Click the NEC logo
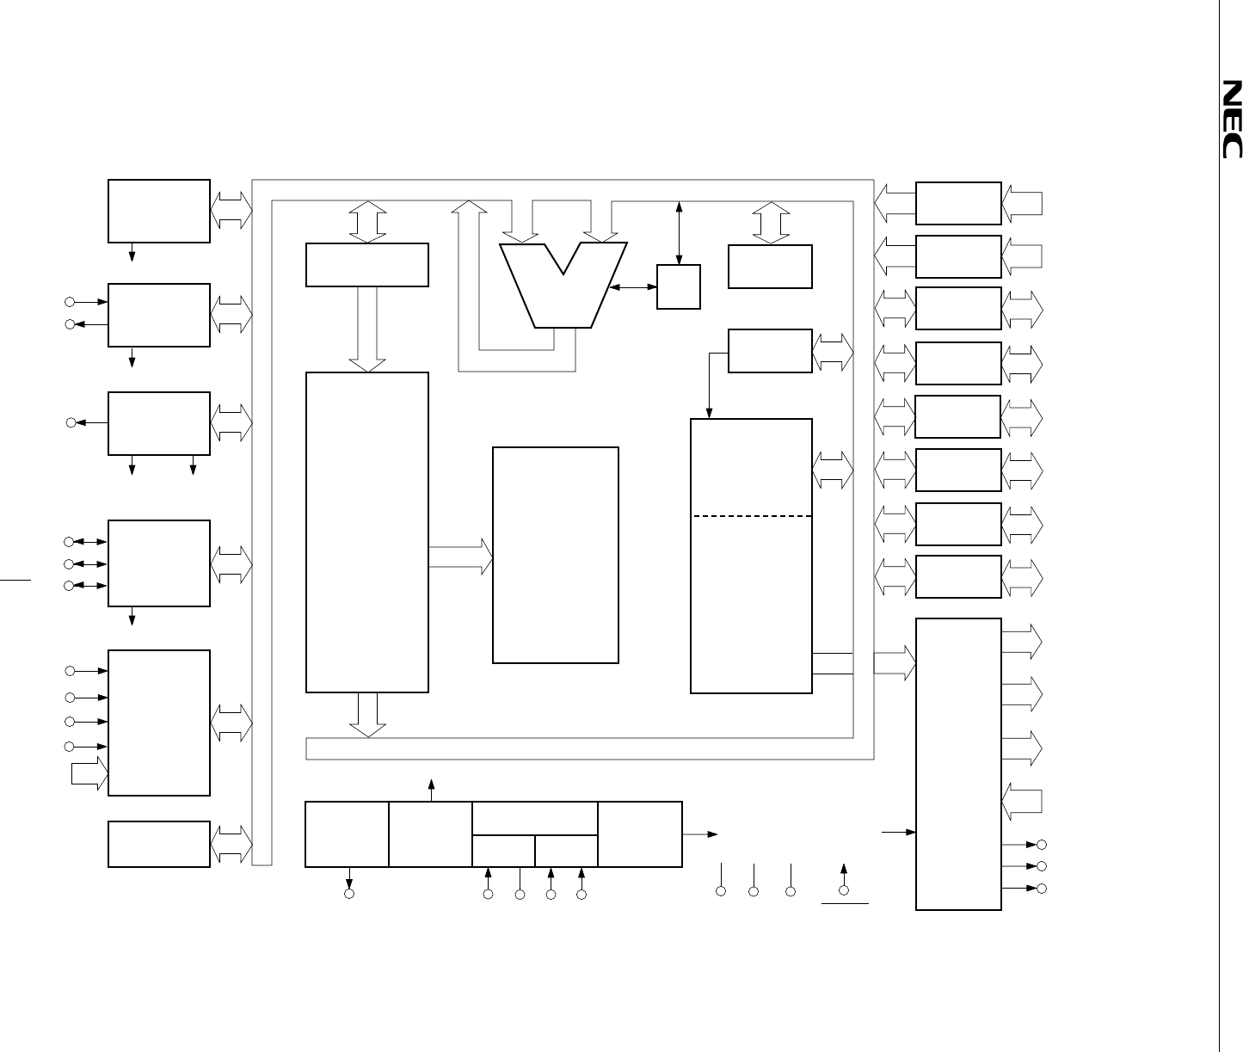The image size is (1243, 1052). [x=1232, y=120]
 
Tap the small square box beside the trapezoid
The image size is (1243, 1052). [x=678, y=286]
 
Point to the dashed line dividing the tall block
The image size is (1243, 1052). [x=752, y=516]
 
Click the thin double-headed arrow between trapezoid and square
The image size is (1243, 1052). [x=633, y=286]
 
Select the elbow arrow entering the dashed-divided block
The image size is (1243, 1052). [x=709, y=378]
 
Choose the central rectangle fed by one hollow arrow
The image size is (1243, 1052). [x=555, y=555]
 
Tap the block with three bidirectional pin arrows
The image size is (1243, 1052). [x=159, y=563]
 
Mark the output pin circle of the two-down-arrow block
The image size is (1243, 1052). [x=72, y=422]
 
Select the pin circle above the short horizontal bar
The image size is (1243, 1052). [x=844, y=890]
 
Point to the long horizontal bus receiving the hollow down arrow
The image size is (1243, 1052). [x=589, y=748]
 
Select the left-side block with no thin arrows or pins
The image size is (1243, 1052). [x=159, y=844]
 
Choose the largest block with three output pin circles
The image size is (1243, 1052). [x=958, y=763]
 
